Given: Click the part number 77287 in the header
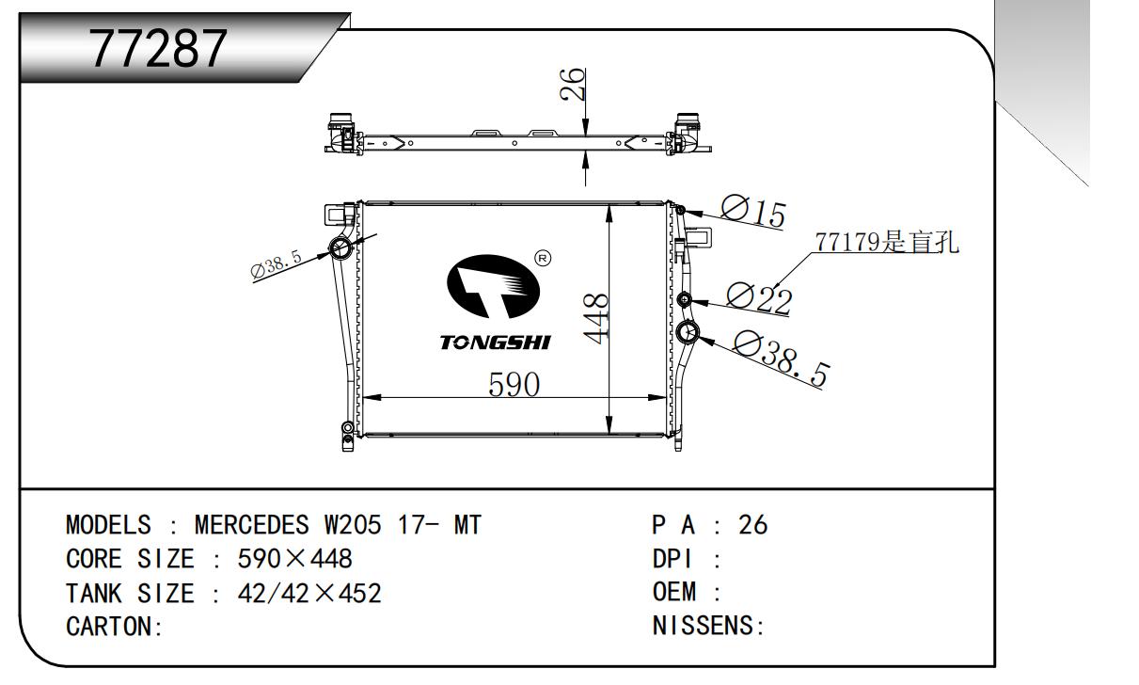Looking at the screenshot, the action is coord(158,49).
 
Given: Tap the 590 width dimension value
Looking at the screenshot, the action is coord(514,385).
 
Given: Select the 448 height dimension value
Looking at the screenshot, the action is coord(596,319).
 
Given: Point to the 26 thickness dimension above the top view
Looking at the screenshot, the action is coord(572,84).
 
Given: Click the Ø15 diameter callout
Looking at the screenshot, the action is coord(753,212).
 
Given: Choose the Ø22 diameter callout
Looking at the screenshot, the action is coord(760,298).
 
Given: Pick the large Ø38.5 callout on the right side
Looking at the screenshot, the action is coord(781,358).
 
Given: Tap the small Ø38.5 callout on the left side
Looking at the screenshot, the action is coord(277,264).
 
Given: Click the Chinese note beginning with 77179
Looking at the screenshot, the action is coord(887,242).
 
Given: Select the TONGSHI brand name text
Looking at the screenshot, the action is coord(496,342).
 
